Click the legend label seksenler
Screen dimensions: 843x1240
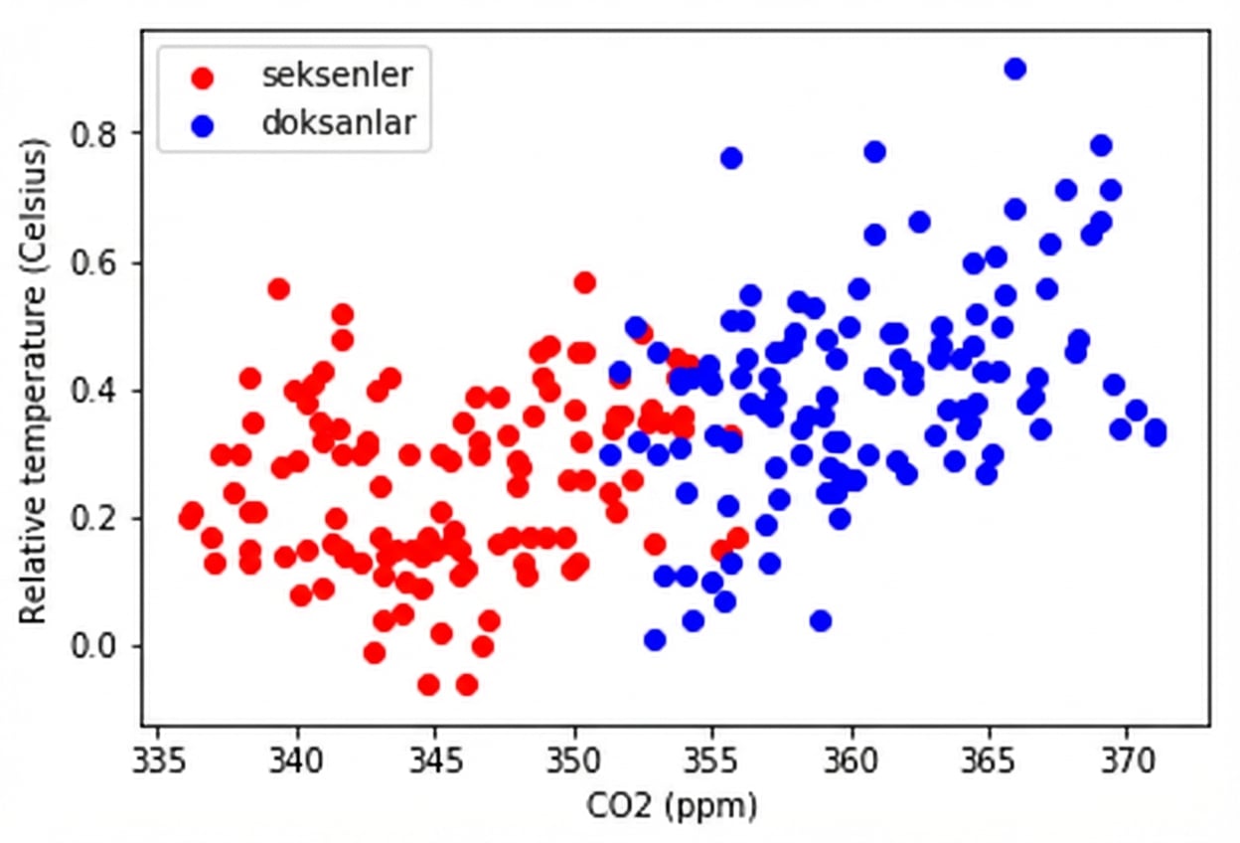tap(337, 75)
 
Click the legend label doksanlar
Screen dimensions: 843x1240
tap(339, 122)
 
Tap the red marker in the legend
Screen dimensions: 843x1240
tap(204, 77)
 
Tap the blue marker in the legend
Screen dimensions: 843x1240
tap(204, 124)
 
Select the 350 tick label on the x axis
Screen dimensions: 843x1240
tap(574, 762)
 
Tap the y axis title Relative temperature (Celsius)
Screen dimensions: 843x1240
tap(35, 383)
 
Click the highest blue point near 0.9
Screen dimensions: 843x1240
tap(1014, 69)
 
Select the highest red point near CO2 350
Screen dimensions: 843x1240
tap(584, 282)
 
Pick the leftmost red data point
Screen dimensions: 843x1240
tap(190, 518)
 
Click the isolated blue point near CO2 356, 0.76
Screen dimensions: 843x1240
tap(731, 158)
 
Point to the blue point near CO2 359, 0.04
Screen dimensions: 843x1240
tap(820, 620)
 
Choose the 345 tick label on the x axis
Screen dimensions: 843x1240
tap(435, 762)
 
